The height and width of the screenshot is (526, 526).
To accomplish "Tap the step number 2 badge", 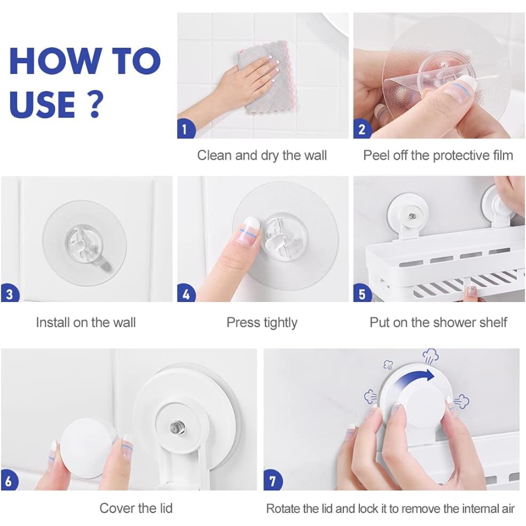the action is point(361,130).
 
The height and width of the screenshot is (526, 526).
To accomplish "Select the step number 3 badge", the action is point(9,294).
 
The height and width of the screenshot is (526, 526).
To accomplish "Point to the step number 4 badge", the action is point(186,294).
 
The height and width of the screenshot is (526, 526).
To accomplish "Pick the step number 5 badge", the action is point(361,294).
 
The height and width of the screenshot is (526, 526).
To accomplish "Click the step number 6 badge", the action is point(9,481).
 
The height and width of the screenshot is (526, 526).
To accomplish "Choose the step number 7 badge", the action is point(272,481).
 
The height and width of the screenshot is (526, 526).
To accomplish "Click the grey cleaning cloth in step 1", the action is point(265,79).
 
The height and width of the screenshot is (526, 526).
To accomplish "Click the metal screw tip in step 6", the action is point(174,427).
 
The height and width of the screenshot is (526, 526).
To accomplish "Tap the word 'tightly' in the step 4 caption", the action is point(281,323).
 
